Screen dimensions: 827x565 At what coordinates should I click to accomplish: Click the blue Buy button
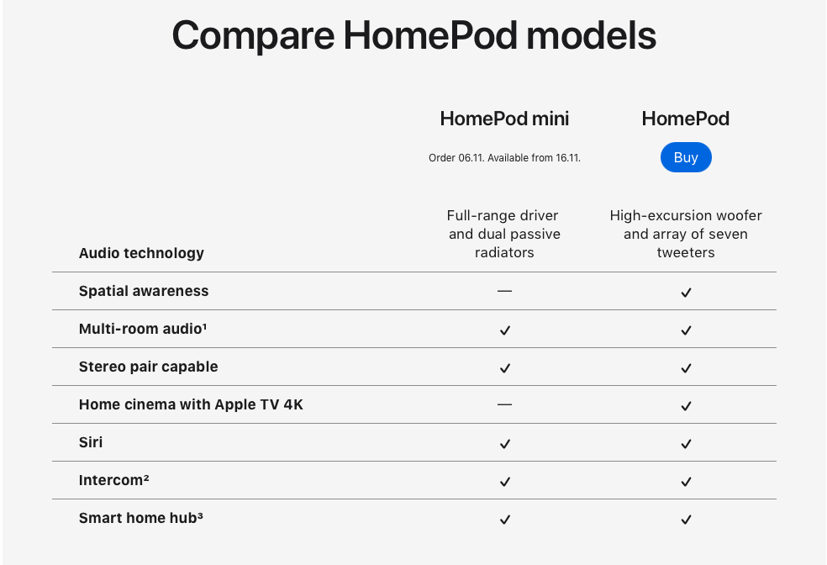[686, 157]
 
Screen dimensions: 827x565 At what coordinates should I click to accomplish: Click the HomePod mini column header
[504, 119]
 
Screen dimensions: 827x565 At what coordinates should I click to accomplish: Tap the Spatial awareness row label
[144, 291]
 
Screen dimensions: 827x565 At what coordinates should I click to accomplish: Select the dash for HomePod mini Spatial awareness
[504, 291]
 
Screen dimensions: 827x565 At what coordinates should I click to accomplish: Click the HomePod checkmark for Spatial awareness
[686, 293]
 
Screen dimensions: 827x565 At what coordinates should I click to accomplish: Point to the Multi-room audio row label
[143, 329]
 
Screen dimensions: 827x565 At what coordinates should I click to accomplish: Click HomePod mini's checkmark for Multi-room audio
[505, 330]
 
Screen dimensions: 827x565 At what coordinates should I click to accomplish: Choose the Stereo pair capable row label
[148, 367]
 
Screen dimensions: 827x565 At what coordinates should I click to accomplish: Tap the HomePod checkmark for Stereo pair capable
[686, 368]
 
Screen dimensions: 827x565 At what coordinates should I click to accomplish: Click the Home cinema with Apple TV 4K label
[191, 404]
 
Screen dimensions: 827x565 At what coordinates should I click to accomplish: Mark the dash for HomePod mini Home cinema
[504, 404]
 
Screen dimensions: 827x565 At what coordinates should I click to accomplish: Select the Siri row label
[91, 442]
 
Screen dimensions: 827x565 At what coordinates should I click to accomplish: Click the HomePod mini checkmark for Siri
[505, 444]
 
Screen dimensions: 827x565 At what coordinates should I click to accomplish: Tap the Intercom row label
[114, 480]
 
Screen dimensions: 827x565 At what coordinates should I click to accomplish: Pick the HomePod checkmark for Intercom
[686, 482]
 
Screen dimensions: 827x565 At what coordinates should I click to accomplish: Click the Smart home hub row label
[141, 518]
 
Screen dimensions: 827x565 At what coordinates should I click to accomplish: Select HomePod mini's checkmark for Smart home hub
[505, 520]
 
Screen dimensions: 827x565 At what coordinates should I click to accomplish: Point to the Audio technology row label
[141, 253]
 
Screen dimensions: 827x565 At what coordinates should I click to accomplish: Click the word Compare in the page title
[253, 36]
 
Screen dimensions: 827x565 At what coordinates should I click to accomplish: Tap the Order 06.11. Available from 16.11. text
[504, 158]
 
